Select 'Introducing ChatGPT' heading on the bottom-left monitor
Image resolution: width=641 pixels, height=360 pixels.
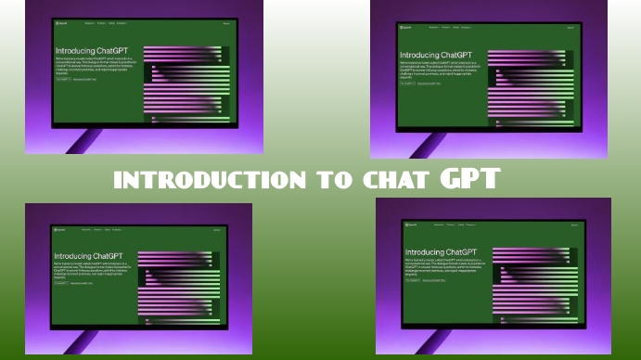click(90, 256)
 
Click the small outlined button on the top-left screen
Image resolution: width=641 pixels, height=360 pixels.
click(62, 80)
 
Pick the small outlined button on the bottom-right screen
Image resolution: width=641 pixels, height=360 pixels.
click(412, 279)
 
